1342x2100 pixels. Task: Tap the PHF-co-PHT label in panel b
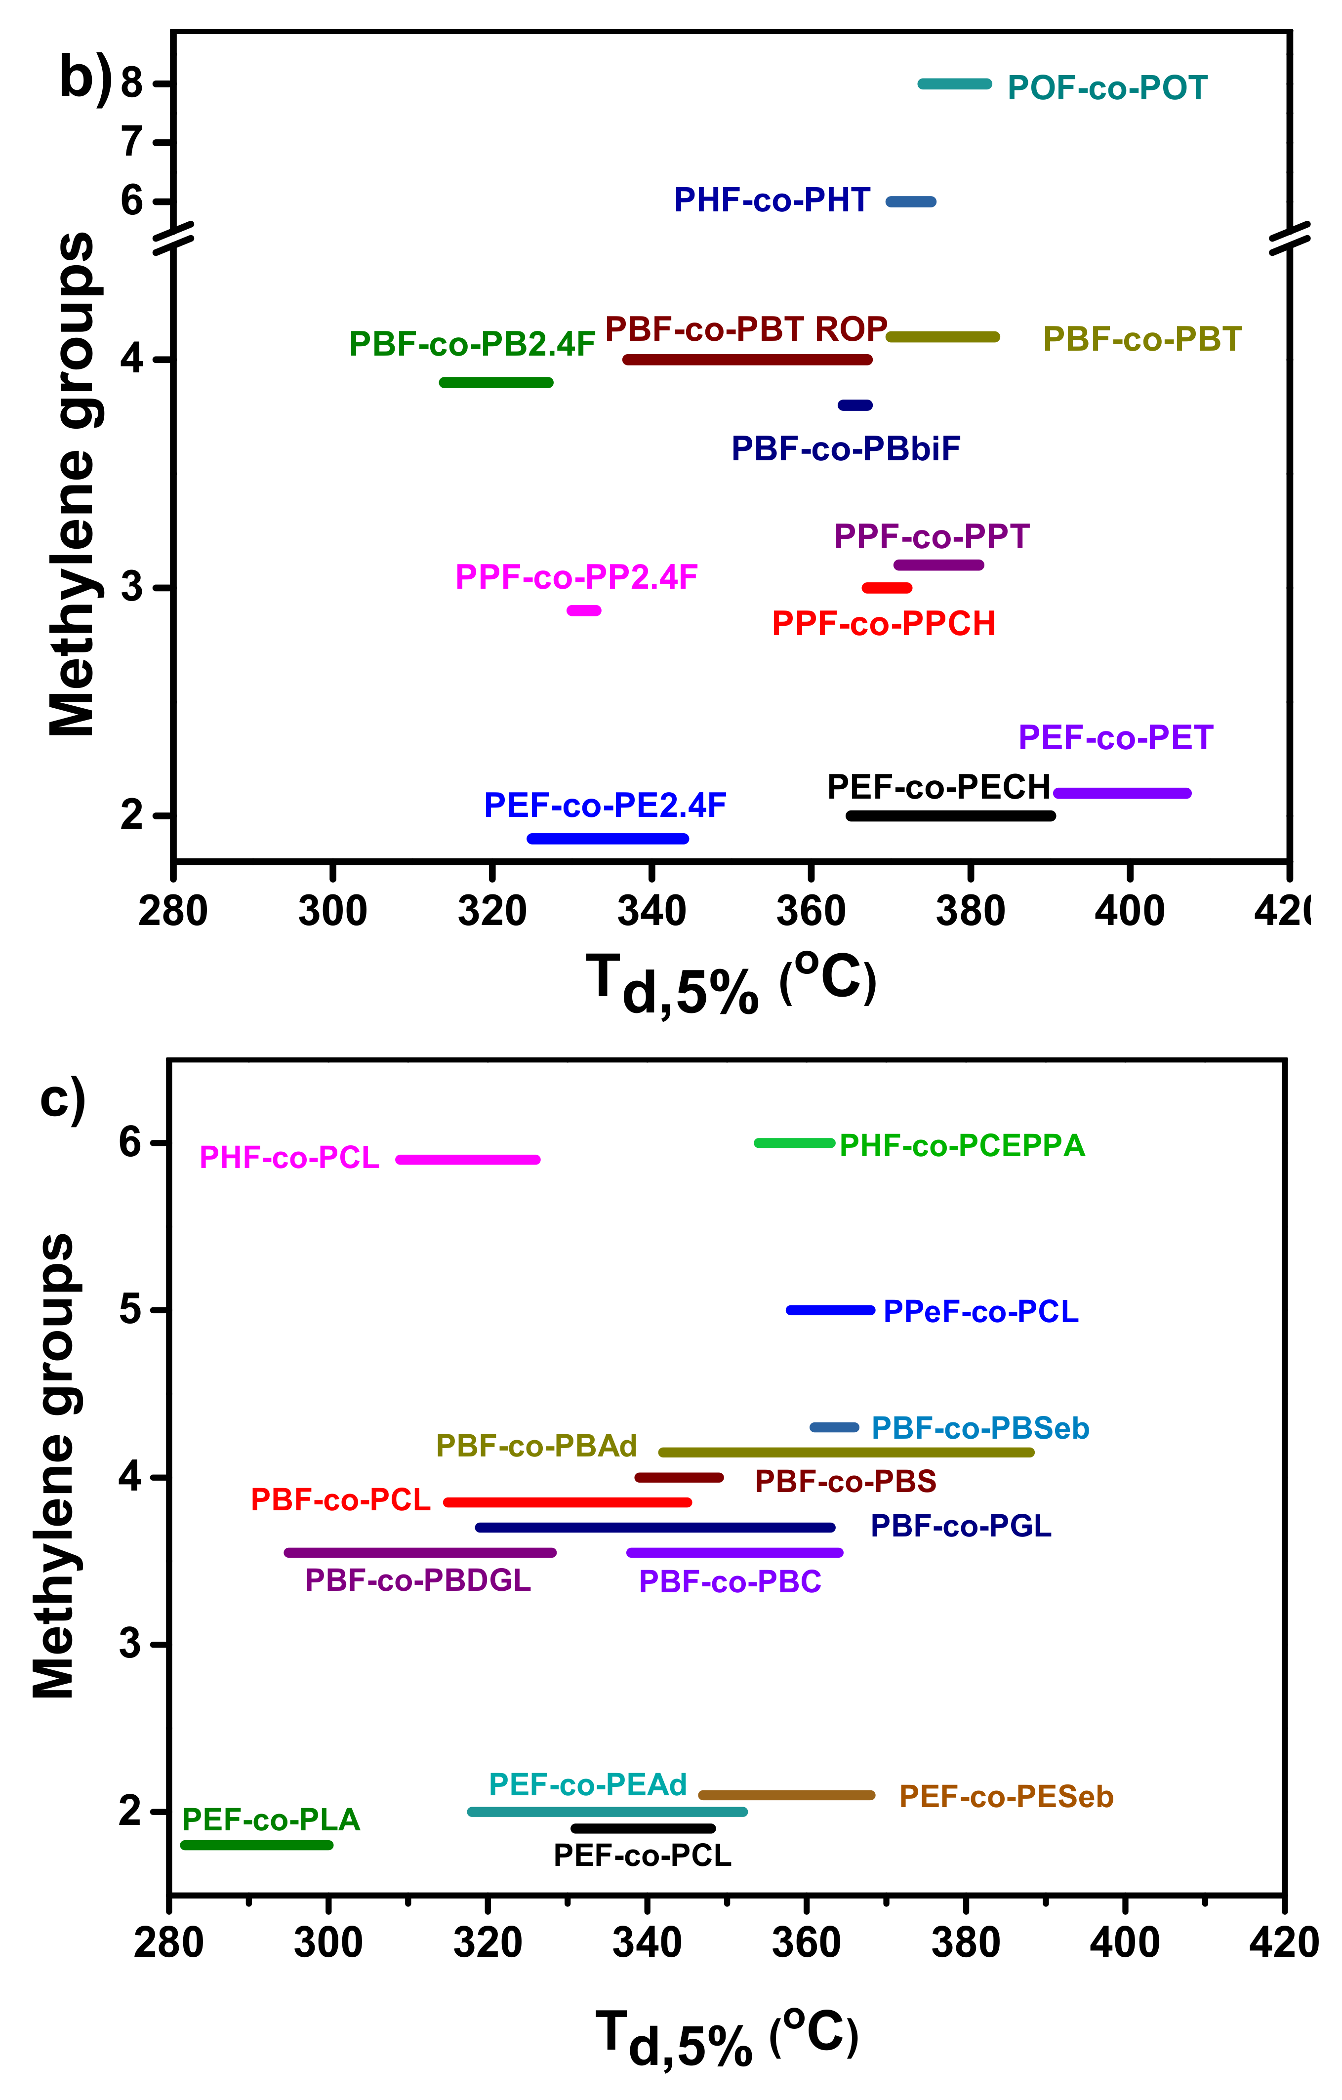[772, 201]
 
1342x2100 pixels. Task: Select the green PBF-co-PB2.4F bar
[496, 382]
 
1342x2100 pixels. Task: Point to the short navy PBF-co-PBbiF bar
[854, 404]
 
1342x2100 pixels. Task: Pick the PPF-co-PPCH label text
[883, 624]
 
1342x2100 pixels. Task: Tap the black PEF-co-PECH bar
[950, 815]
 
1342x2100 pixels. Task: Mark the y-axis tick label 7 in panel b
[132, 141]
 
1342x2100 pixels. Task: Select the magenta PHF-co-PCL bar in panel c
[468, 1159]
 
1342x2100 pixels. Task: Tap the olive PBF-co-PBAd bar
[846, 1452]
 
